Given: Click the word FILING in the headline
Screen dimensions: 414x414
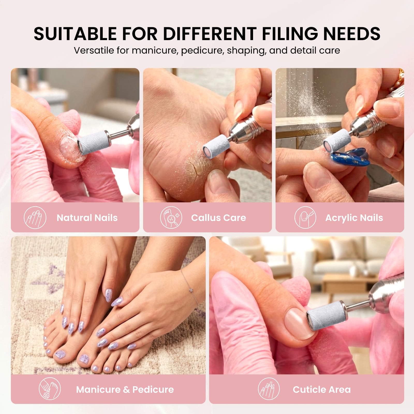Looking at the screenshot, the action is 289,34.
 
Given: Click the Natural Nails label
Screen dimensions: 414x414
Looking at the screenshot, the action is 87,218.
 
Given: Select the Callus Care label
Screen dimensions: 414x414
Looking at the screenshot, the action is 219,218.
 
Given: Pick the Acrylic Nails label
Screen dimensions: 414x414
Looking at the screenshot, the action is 354,218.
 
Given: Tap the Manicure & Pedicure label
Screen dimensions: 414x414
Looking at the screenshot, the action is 125,389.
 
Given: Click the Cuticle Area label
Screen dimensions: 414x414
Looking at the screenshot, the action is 322,389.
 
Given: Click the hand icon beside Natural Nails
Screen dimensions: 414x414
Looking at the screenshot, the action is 35,218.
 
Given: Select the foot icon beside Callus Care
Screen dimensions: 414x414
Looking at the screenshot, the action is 171,218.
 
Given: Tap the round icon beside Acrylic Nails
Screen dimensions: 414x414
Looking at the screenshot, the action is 305,218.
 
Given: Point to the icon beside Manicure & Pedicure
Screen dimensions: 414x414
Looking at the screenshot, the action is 50,389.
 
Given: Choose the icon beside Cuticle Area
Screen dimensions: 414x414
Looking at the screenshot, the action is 269,389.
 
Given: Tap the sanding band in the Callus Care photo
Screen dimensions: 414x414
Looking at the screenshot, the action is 215,148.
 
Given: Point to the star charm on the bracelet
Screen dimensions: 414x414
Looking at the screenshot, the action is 191,290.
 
